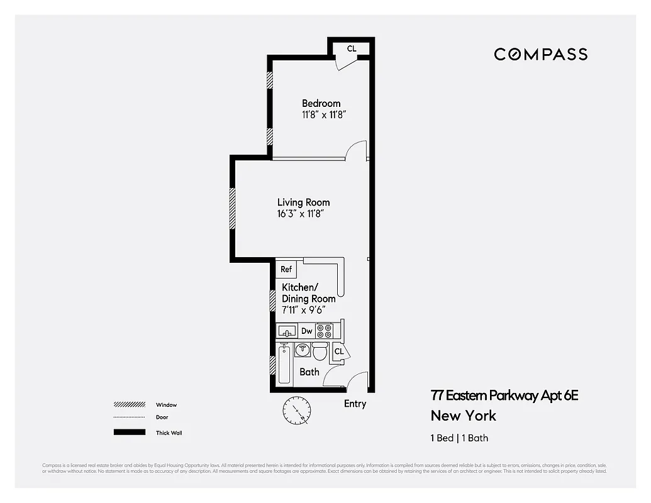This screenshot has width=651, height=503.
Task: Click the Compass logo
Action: (x=540, y=54)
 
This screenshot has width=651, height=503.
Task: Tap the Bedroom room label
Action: (x=321, y=103)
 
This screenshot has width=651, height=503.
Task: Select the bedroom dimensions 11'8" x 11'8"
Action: (x=324, y=115)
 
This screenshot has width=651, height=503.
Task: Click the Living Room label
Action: (x=303, y=202)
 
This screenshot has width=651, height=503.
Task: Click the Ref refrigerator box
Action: (x=286, y=269)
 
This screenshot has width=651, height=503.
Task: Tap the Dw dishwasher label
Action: (x=307, y=331)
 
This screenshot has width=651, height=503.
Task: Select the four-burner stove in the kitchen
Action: (x=325, y=331)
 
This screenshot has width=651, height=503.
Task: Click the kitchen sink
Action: (x=287, y=331)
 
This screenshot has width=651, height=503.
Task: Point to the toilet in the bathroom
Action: (x=320, y=351)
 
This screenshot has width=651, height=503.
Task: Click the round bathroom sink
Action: (x=303, y=350)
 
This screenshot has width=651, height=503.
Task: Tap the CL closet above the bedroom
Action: (x=352, y=48)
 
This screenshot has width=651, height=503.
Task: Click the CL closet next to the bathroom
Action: (x=339, y=351)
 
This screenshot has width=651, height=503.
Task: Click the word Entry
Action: (x=355, y=404)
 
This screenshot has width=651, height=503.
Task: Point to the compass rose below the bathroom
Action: (x=296, y=411)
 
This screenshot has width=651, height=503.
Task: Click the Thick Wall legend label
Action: (x=169, y=433)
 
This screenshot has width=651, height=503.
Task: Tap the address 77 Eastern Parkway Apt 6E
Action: (x=504, y=395)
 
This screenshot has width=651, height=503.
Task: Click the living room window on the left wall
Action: (x=232, y=208)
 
